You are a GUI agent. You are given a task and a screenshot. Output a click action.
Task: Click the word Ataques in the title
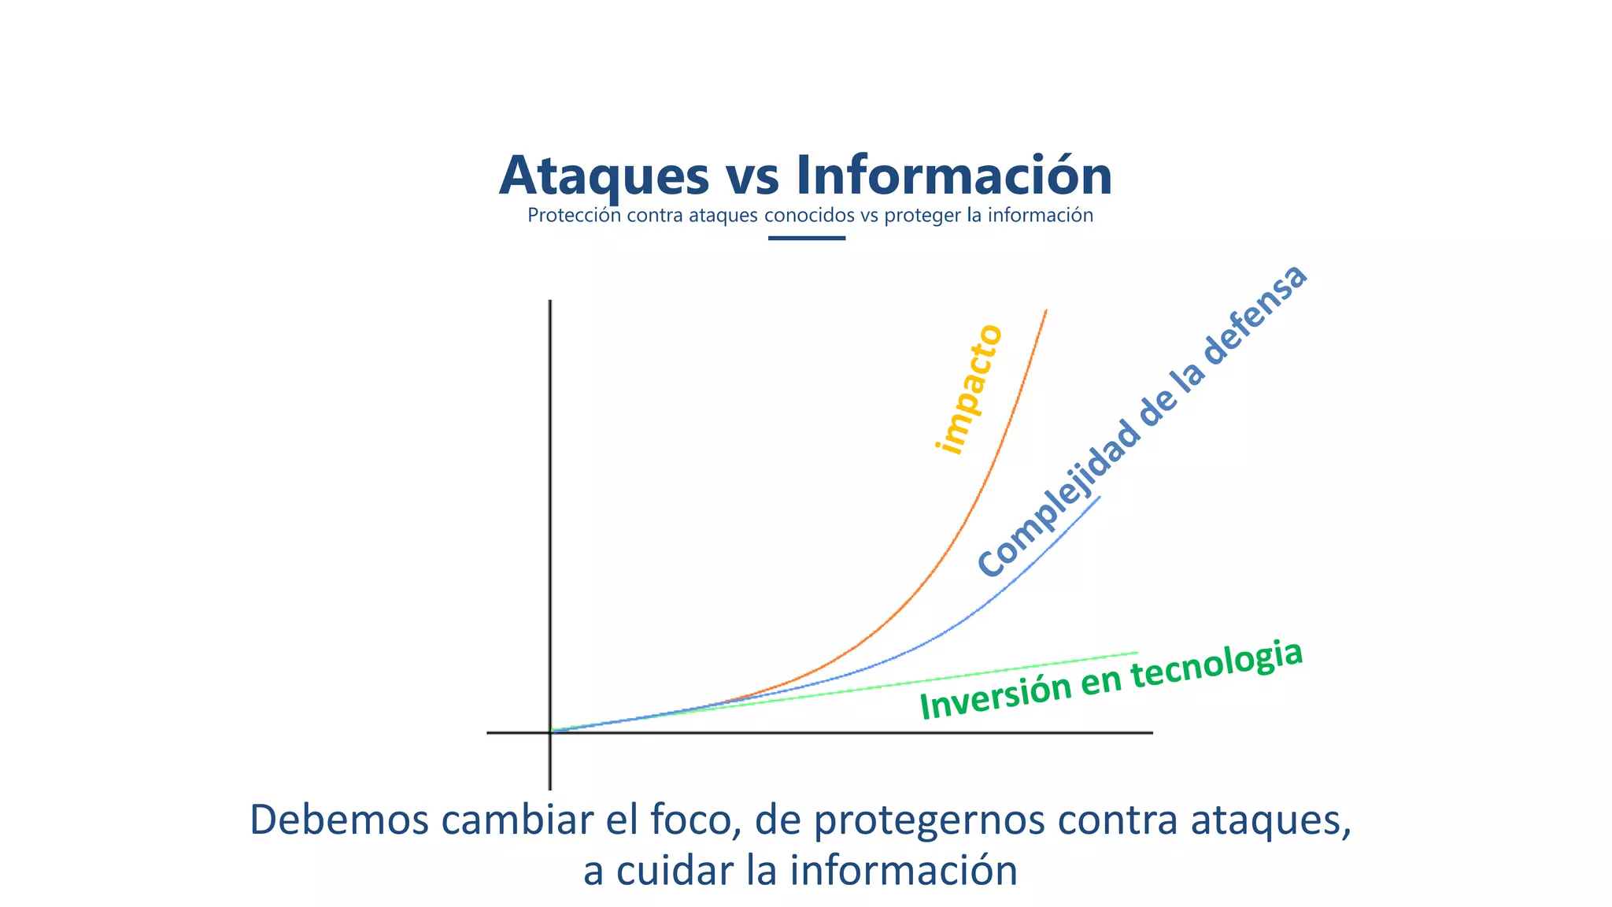[604, 176]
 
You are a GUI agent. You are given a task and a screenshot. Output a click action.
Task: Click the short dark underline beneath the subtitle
[806, 238]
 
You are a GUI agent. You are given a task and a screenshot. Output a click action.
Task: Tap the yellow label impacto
[969, 389]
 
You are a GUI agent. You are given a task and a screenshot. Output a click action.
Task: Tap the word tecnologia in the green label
[1216, 665]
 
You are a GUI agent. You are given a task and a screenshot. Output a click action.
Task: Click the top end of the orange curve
[1046, 311]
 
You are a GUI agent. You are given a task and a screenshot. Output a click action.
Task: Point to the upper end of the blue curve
[1099, 498]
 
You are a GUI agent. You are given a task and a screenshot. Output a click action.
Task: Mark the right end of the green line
[1137, 653]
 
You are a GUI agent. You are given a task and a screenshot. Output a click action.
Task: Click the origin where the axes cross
[549, 732]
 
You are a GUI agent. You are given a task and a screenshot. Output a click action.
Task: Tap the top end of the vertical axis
[549, 302]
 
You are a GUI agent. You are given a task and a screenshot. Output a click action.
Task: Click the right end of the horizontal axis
[1151, 732]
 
